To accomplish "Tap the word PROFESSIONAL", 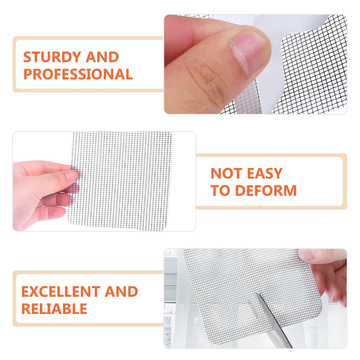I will point(78,75).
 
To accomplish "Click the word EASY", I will point(264,174).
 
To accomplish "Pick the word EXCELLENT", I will point(60,292).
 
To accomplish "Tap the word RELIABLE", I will point(54,309).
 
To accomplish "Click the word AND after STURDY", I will point(102,57).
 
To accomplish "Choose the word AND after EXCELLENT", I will point(121,292).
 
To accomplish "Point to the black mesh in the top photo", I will point(316,72).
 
